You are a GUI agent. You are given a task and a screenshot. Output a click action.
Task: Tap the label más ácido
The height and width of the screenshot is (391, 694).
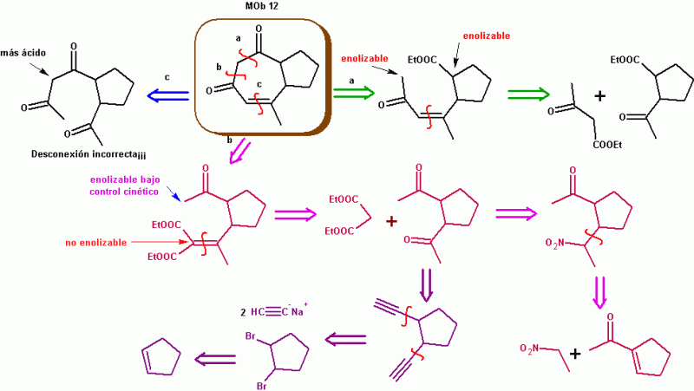click(x=30, y=52)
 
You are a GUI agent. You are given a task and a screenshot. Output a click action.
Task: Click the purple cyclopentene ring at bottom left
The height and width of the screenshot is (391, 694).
click(x=161, y=357)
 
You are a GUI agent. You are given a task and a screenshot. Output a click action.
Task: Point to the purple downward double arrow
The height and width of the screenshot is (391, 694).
click(x=426, y=281)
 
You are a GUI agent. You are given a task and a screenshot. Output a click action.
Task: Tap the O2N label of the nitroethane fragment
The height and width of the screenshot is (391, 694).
click(x=532, y=349)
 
